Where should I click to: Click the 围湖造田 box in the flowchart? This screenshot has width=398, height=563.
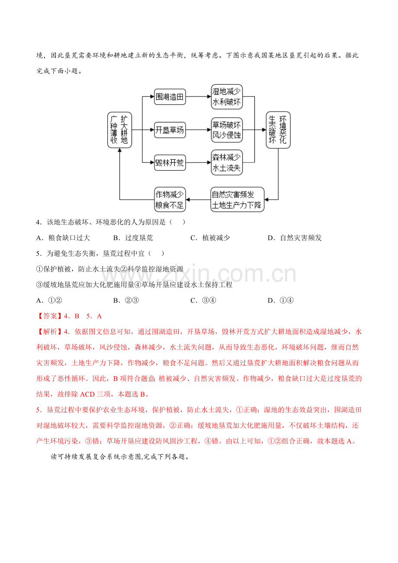tap(170, 97)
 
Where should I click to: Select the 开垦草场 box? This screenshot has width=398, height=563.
tap(170, 130)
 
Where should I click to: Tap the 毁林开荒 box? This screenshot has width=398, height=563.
tap(170, 163)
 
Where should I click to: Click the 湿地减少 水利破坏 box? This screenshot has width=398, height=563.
tap(227, 97)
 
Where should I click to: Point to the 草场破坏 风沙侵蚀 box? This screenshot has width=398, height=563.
tap(227, 130)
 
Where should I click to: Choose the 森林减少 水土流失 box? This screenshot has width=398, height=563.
tap(227, 162)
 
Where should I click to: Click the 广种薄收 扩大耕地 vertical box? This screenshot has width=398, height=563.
tap(119, 130)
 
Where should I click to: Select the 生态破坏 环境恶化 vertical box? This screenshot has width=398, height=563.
tap(278, 130)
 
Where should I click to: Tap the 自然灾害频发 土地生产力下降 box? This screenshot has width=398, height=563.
tap(238, 200)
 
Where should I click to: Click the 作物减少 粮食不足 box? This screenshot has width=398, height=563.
tap(170, 200)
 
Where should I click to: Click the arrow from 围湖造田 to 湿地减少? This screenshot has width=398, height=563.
tap(199, 97)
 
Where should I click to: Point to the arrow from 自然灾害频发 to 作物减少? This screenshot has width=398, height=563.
tap(198, 200)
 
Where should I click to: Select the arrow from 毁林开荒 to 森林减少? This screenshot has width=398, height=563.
tap(199, 163)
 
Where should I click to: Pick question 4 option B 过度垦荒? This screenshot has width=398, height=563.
tap(133, 238)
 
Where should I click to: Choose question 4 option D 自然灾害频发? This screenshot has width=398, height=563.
tap(295, 238)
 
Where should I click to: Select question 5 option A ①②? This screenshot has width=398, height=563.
tap(49, 301)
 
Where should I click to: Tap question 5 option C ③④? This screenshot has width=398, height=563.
tap(203, 301)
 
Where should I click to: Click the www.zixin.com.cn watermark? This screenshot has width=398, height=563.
tap(199, 274)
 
